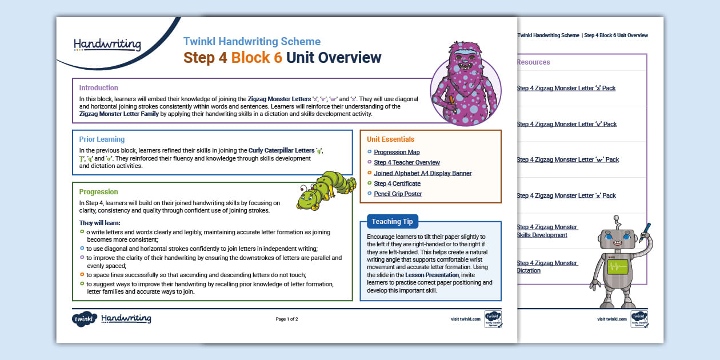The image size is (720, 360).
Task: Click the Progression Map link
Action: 397,152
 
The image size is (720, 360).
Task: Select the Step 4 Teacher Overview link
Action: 406,162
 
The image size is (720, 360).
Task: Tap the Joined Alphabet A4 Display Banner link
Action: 422,173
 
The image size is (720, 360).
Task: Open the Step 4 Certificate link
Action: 397,183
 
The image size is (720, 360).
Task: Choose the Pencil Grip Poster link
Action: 398,194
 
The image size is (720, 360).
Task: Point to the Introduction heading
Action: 98,88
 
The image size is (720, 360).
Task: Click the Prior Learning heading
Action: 102,139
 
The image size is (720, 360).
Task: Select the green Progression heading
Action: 98,192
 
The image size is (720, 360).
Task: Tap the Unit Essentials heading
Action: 390,139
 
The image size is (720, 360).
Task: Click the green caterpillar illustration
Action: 320,191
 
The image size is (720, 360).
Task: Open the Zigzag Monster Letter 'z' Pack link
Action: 566,89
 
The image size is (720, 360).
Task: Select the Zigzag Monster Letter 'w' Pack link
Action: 567,160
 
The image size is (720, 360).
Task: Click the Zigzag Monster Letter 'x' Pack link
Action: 566,195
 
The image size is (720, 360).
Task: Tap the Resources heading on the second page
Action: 533,62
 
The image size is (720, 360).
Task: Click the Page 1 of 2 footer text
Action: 287,319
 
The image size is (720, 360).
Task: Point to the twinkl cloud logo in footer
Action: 83,319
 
